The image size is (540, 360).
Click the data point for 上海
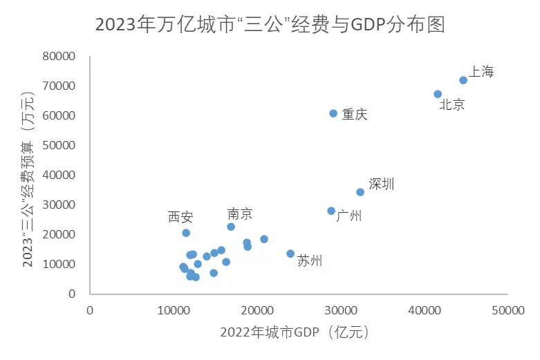point(463,80)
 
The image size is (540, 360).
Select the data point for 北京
point(438,94)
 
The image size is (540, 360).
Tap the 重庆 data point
point(333,113)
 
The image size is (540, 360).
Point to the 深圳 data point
point(360,192)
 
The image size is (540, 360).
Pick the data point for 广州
point(331,211)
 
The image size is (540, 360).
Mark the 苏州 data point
point(290,254)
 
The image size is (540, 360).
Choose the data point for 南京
point(231,227)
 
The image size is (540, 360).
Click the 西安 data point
point(186,233)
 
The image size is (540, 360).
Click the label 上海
point(481,72)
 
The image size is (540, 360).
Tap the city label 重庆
point(355,115)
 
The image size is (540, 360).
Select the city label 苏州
point(309,261)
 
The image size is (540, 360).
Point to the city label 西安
point(180,217)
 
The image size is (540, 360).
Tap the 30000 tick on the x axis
point(341,311)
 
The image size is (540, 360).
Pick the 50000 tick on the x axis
point(508,311)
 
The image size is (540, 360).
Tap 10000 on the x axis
point(174,311)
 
